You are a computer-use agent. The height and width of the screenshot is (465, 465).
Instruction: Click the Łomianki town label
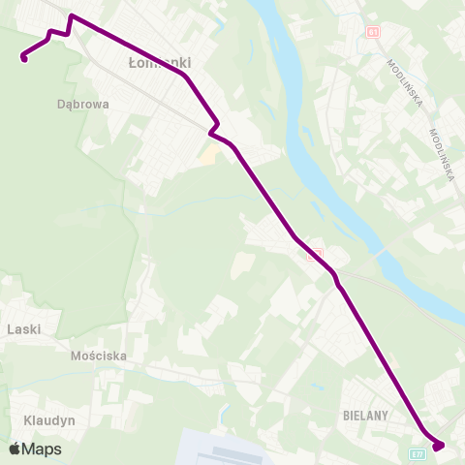160,63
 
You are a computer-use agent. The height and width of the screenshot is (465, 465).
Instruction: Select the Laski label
23,329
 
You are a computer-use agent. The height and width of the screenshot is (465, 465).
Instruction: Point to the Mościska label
100,356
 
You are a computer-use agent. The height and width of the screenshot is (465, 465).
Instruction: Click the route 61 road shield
373,33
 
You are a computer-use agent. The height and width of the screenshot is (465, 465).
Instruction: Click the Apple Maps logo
35,449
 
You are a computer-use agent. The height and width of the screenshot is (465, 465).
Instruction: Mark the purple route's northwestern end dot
23,58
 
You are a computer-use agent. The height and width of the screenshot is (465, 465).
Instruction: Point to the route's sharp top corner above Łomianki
72,15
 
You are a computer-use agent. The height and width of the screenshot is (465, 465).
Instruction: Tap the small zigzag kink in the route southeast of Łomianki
214,129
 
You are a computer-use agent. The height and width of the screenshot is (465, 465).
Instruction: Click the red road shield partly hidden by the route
313,254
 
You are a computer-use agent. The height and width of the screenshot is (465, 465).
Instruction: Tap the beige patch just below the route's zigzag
206,152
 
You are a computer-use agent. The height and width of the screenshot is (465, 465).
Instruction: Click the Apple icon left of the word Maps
15,449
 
